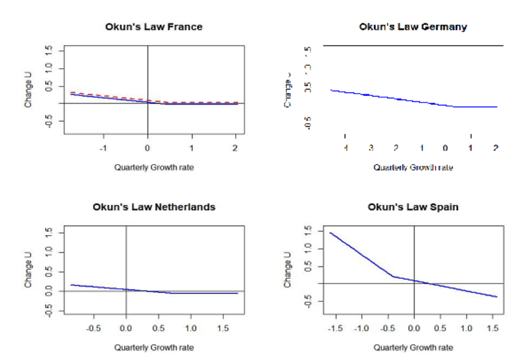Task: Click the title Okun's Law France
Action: tap(153, 27)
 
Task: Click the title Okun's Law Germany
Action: tap(413, 27)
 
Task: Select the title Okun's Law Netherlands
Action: tap(153, 207)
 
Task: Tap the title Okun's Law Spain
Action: tap(413, 207)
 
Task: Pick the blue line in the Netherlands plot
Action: tap(95, 287)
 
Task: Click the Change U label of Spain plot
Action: tap(288, 269)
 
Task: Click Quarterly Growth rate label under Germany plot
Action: tap(413, 168)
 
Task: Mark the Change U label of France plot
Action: tap(28, 90)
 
